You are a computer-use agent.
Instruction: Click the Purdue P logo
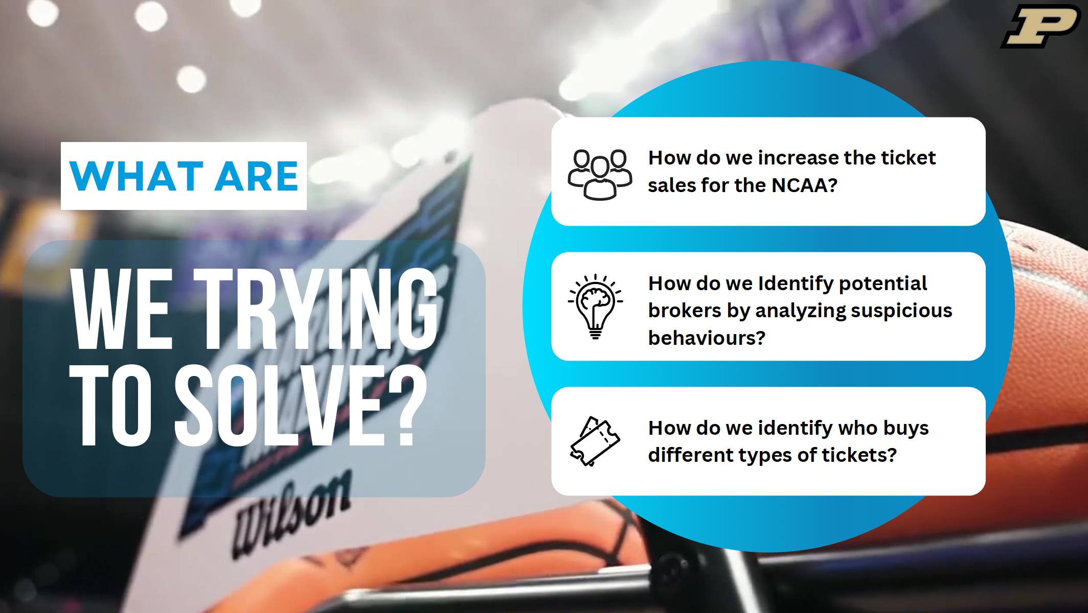(x=1041, y=27)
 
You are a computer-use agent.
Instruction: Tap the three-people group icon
(x=600, y=174)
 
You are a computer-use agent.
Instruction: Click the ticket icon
(x=595, y=441)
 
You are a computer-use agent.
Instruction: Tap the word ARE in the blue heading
(x=256, y=176)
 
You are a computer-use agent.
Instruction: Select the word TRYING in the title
(x=315, y=309)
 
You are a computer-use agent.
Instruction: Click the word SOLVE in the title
(x=279, y=405)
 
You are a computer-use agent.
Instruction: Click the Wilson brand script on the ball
(x=292, y=513)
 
